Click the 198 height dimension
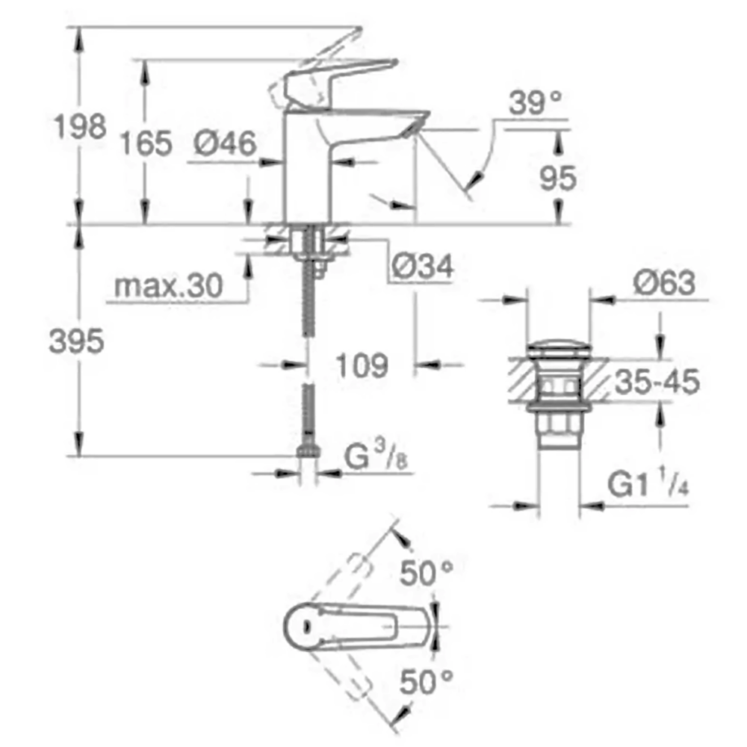click(x=80, y=127)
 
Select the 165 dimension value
click(x=146, y=143)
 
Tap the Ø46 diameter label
click(x=226, y=143)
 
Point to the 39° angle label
click(x=535, y=102)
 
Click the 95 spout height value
click(x=558, y=179)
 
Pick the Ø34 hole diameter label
click(x=422, y=266)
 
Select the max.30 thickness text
click(x=169, y=286)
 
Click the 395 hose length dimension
click(x=76, y=341)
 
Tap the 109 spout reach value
click(x=362, y=365)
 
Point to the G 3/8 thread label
click(x=376, y=456)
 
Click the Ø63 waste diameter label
click(x=664, y=283)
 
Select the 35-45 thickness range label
click(x=657, y=381)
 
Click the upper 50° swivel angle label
click(x=427, y=573)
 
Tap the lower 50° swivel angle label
click(x=427, y=682)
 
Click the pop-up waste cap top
click(x=559, y=348)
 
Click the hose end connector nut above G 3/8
click(x=309, y=450)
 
